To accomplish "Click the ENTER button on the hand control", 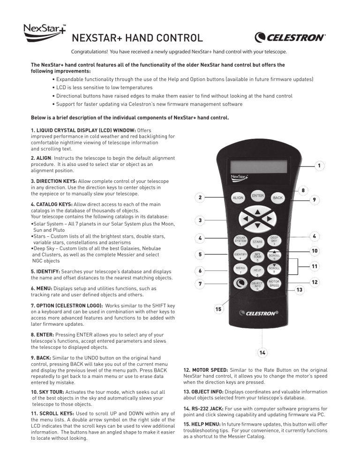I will pos(257,195).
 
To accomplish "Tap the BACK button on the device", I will pos(277,198).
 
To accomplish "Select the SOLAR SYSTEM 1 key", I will pos(240,241).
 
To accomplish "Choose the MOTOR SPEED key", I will pos(274,284).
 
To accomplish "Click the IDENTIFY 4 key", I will pos(240,256).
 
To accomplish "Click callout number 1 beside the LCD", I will pos(319,166).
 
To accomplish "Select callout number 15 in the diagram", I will pos(218,309).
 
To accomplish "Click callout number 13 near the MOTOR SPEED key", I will pos(299,290).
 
